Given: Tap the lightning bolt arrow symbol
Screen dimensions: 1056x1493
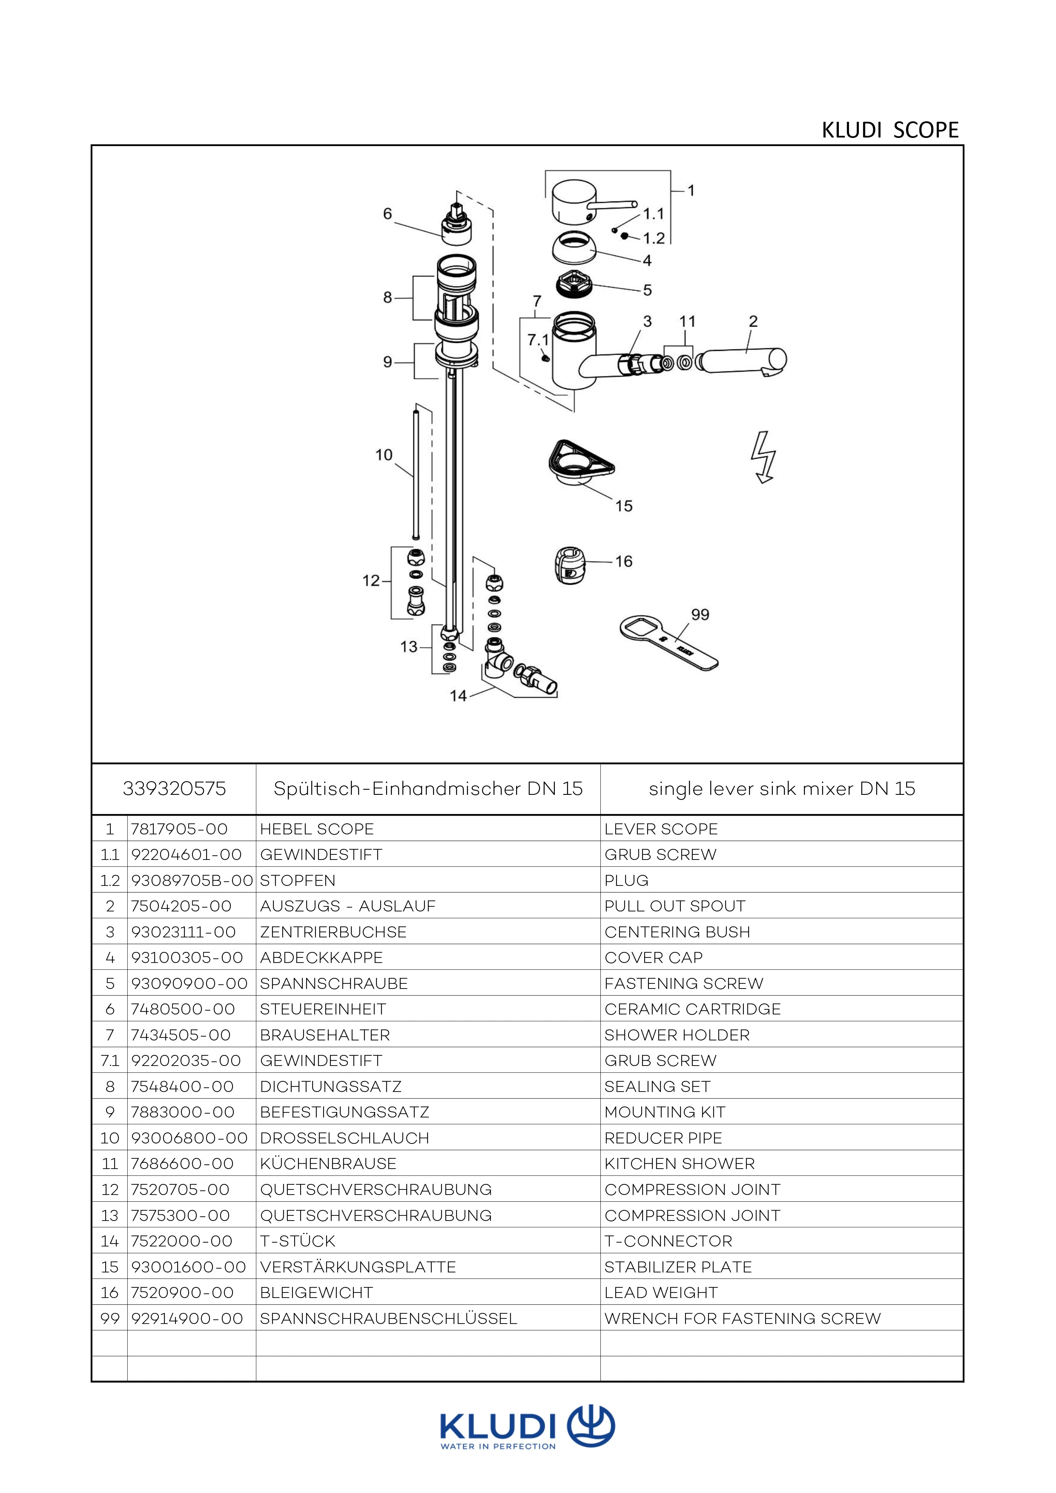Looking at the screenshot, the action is pos(764,457).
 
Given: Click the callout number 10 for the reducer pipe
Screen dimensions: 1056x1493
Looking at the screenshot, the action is pos(384,455).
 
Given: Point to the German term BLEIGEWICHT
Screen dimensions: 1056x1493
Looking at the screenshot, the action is pos(317,1292).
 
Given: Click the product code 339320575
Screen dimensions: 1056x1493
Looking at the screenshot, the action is pos(174,789).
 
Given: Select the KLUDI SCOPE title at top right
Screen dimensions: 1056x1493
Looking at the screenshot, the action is pos(890,130).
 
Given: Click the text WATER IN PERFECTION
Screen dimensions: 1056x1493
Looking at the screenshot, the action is pos(498,1446).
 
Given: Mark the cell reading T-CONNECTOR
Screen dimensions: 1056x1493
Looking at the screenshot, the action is pos(669,1241).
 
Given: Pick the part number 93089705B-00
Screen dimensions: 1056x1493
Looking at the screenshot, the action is pos(192,880).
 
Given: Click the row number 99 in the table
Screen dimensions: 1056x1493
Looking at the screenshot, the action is pos(110,1318).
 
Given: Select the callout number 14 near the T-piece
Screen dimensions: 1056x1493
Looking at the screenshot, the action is pos(459,696).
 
